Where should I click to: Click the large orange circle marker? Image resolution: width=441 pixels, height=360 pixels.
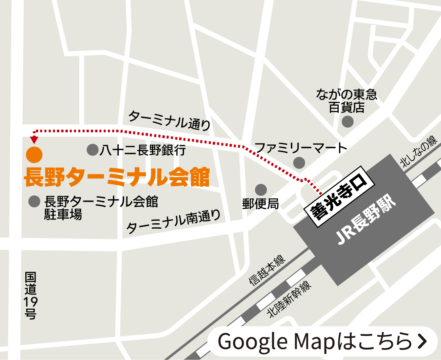click(34, 155)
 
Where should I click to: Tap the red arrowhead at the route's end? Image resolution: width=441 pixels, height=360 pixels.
click(34, 140)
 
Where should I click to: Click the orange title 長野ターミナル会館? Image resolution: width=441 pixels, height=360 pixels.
click(117, 177)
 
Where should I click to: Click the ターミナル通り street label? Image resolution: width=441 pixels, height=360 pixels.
click(169, 120)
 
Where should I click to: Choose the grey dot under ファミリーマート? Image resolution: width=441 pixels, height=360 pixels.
click(299, 163)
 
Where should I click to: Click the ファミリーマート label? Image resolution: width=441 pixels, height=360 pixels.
click(301, 148)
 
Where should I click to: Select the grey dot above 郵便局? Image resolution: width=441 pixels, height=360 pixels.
click(261, 190)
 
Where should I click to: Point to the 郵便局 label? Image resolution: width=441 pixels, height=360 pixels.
click(261, 204)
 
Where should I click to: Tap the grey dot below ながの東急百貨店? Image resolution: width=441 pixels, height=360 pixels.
click(348, 122)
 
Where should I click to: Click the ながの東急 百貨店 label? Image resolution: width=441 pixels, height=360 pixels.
click(347, 101)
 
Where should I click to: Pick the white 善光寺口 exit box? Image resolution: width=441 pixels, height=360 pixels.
click(339, 197)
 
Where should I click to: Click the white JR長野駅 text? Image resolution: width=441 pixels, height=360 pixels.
click(365, 221)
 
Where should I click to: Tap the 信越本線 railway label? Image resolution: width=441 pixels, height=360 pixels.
click(267, 270)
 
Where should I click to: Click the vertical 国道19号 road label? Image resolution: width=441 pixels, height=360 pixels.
click(31, 295)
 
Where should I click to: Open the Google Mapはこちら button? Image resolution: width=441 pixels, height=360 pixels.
click(323, 341)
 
